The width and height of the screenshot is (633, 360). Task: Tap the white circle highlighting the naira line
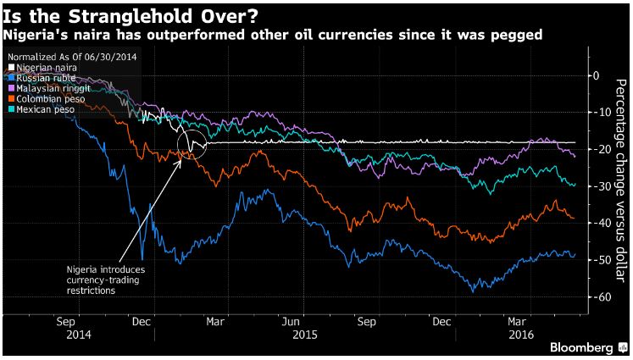tap(193, 145)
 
